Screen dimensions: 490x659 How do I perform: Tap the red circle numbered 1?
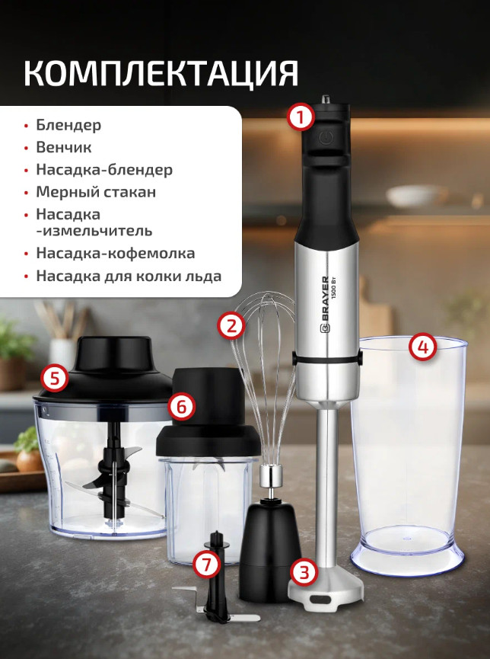point(301,117)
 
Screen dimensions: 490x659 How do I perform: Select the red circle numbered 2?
point(231,326)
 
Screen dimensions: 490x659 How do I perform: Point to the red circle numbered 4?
point(423,347)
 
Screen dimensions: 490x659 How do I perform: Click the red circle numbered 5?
point(55,378)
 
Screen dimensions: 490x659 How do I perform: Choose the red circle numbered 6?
point(181,407)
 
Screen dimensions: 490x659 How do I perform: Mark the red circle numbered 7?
point(207,565)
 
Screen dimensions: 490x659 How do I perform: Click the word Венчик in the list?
point(64,147)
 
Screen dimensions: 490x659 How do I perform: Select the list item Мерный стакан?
point(96,192)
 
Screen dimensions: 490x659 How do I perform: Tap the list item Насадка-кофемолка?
point(116,254)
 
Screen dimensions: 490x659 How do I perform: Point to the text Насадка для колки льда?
point(129,276)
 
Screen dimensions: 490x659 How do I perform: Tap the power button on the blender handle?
point(326,137)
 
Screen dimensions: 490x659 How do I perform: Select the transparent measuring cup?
point(408,455)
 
